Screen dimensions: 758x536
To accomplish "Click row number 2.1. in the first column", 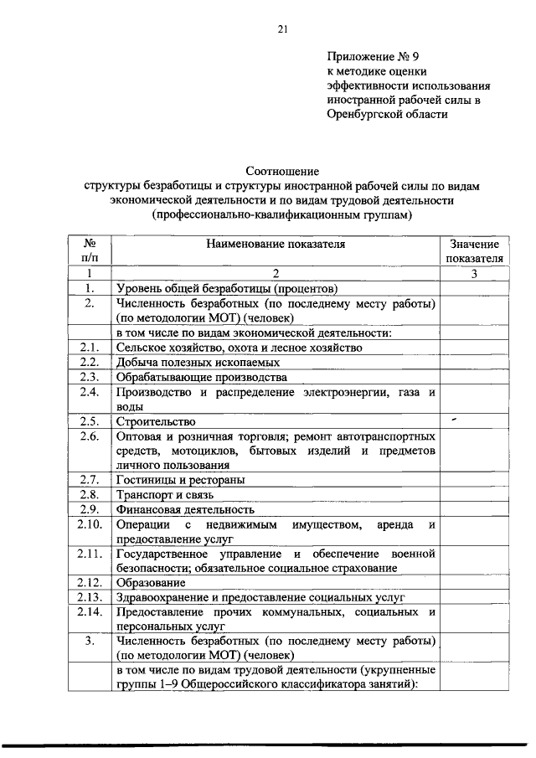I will [x=89, y=348].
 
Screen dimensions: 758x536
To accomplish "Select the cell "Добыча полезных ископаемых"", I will [x=198, y=363].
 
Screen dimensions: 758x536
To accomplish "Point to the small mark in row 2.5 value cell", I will [x=453, y=418].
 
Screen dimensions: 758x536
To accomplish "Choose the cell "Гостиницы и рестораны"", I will [x=180, y=480].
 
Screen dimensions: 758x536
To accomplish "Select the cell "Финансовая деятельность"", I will [x=185, y=509].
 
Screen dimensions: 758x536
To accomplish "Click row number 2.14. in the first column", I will [x=89, y=612].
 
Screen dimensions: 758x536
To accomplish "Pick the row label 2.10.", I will [x=89, y=524].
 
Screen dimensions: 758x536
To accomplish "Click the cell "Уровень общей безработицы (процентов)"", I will [x=226, y=288].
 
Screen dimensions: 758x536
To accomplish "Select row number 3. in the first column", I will [x=88, y=642].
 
